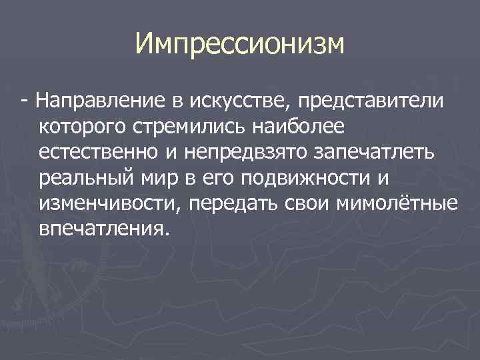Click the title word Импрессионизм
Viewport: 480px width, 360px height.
point(240,45)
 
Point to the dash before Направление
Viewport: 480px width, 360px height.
point(25,101)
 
